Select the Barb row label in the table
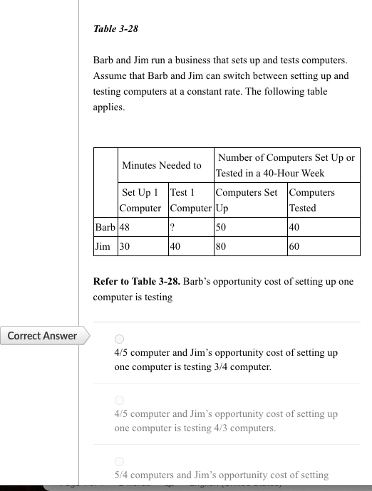pyautogui.click(x=105, y=226)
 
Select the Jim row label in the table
pyautogui.click(x=103, y=246)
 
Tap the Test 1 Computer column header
pyautogui.click(x=190, y=200)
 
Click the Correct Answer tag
pyautogui.click(x=43, y=336)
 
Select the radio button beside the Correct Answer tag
pyautogui.click(x=119, y=339)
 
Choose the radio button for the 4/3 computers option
pyautogui.click(x=119, y=400)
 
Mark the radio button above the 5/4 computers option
pyautogui.click(x=119, y=460)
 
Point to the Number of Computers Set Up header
pyautogui.click(x=286, y=165)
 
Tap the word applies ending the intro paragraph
pyautogui.click(x=108, y=108)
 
